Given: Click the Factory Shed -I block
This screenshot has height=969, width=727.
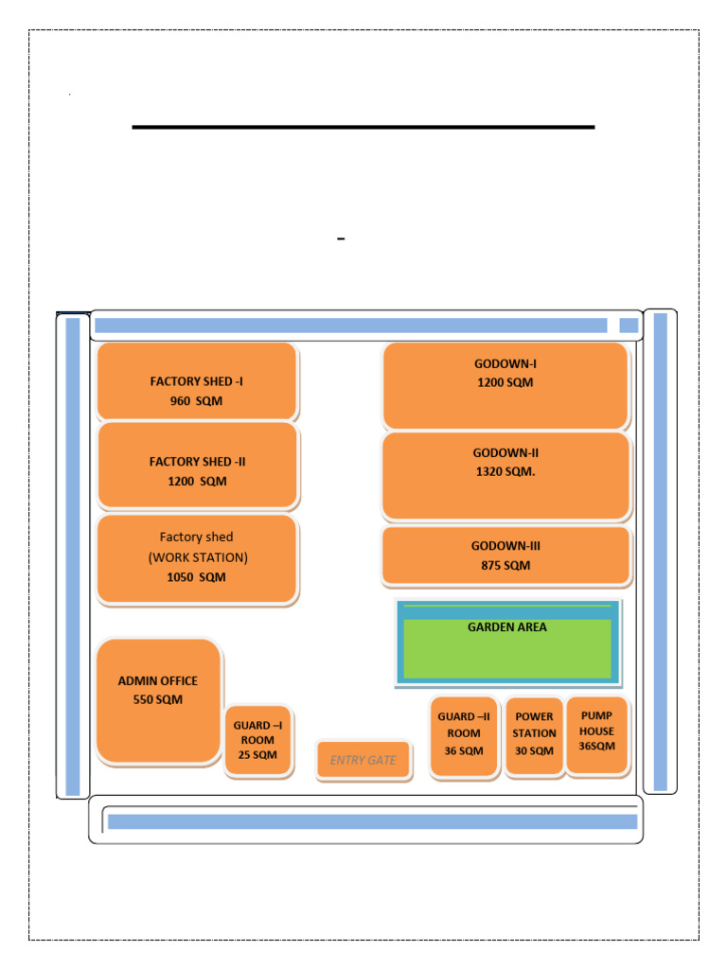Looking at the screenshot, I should coord(197,381).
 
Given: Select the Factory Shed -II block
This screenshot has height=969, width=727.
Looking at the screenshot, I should coord(198,465).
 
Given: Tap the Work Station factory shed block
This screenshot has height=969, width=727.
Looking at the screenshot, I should coord(197,558).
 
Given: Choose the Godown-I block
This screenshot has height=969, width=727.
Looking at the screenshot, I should coord(505,386).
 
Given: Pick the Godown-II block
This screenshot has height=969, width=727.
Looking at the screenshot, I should coord(505,476).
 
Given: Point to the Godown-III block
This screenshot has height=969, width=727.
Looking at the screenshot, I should coord(505,555).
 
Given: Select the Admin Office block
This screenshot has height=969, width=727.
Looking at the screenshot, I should coord(158,700).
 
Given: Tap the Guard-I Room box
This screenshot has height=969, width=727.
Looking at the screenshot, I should coord(257,741).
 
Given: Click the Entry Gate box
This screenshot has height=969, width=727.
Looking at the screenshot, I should coord(363,760).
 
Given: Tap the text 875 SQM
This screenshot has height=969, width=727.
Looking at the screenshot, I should coord(505,566).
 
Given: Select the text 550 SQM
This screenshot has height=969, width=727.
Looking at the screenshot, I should coord(158,700).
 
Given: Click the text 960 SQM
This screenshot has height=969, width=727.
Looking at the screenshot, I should coord(197,400).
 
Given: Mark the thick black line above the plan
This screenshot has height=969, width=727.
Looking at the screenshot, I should coord(363,126).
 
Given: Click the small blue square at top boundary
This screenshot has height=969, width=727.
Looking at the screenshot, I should coord(629,326).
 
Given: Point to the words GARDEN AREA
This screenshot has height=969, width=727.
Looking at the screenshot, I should coord(507,626).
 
